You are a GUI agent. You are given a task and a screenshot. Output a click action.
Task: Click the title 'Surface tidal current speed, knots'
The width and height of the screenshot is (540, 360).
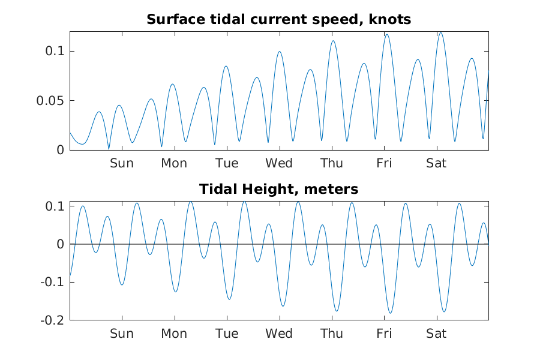tap(278, 20)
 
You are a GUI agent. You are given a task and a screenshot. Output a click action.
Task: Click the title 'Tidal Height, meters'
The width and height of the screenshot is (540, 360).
tap(278, 190)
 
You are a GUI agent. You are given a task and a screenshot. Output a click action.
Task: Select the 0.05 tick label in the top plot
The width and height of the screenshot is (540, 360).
tap(52, 100)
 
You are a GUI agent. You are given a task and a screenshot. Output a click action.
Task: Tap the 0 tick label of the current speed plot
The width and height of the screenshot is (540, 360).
tap(60, 149)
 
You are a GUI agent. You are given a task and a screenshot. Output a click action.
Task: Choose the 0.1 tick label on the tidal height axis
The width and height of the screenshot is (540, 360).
tap(55, 206)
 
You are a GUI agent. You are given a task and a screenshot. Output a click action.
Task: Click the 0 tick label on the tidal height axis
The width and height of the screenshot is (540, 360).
tap(60, 244)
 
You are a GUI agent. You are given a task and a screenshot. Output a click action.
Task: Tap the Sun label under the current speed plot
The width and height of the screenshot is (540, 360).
tap(122, 163)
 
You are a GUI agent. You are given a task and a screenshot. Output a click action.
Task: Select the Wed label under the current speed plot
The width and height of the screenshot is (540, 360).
tap(279, 163)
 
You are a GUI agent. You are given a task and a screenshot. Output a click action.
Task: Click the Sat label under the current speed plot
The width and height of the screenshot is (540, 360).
tap(436, 163)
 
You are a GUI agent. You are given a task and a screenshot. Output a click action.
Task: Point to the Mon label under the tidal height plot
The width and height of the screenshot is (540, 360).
tap(174, 334)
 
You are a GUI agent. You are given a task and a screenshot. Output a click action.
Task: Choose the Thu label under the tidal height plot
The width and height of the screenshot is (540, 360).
tap(331, 334)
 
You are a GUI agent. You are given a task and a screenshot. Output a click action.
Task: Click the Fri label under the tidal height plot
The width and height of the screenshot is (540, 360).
tap(384, 334)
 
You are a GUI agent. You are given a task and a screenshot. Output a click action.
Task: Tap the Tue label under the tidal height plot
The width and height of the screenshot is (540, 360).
tap(227, 334)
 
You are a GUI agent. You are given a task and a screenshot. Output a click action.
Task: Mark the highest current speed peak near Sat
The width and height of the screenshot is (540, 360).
tap(440, 33)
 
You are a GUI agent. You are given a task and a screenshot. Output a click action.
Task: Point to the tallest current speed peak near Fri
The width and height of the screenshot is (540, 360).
tap(387, 35)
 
